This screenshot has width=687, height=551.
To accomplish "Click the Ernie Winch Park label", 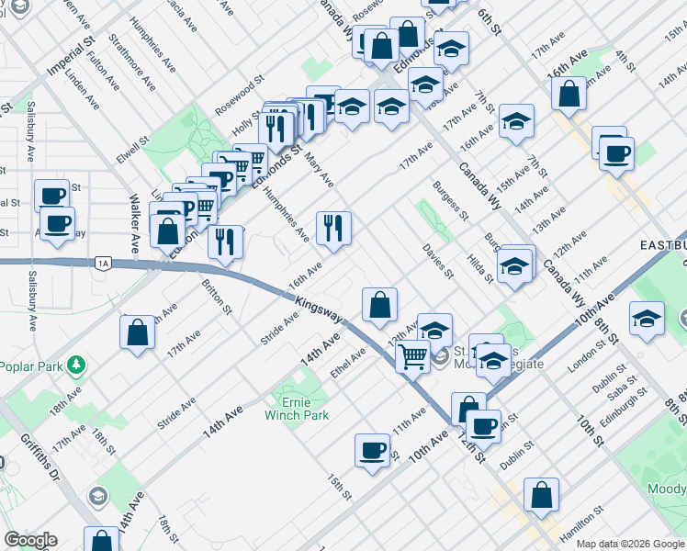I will (297, 409).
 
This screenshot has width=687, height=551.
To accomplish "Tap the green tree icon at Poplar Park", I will (77, 365).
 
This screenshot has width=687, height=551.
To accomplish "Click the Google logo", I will (30, 541).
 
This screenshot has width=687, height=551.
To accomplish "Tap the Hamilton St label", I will (581, 523).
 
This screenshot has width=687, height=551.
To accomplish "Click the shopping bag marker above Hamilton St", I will (542, 494).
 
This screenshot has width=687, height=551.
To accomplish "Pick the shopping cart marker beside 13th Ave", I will (413, 355).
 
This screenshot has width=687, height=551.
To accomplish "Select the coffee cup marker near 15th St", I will (373, 450).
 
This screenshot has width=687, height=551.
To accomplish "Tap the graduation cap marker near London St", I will (648, 318).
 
